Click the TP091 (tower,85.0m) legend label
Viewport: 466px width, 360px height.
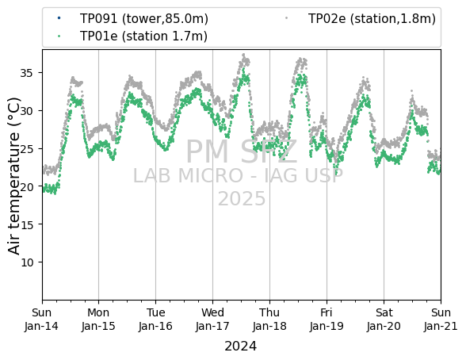pyautogui.click(x=144, y=19)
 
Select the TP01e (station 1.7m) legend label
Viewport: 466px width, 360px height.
pyautogui.click(x=143, y=36)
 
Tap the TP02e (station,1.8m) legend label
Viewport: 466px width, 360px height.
pyautogui.click(x=372, y=19)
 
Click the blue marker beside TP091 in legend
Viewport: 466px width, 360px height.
pyautogui.click(x=59, y=18)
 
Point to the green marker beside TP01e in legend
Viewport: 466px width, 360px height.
pyautogui.click(x=59, y=36)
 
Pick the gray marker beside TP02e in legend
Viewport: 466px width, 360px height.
pyautogui.click(x=287, y=18)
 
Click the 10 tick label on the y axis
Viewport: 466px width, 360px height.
pyautogui.click(x=26, y=262)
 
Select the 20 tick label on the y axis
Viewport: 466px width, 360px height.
pyautogui.click(x=26, y=186)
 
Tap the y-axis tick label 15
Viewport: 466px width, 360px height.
pyautogui.click(x=26, y=224)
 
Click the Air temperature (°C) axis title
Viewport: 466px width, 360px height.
pyautogui.click(x=13, y=176)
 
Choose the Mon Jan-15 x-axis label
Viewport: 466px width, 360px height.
pyautogui.click(x=98, y=320)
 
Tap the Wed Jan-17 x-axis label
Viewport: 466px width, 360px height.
pyautogui.click(x=212, y=320)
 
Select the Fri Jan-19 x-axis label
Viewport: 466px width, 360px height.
pyautogui.click(x=327, y=320)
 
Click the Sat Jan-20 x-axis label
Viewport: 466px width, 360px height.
pyautogui.click(x=384, y=320)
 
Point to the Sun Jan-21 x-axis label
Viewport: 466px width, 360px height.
pyautogui.click(x=441, y=320)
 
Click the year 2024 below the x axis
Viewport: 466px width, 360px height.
pyautogui.click(x=240, y=347)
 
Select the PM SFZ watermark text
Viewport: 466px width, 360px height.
pyautogui.click(x=242, y=152)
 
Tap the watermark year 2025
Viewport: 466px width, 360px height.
pyautogui.click(x=242, y=198)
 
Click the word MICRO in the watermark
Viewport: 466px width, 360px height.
pyautogui.click(x=211, y=175)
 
